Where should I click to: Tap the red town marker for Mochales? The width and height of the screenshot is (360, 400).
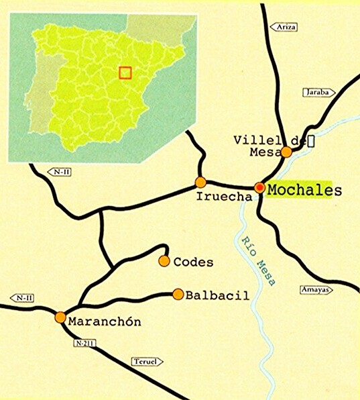pos(259,187)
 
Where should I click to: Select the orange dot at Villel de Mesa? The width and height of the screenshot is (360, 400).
pos(286,152)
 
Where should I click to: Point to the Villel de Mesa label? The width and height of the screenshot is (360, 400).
pos(268,146)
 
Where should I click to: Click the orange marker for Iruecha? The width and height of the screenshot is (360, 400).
pos(200,182)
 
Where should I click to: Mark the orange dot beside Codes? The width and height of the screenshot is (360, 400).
pos(164,260)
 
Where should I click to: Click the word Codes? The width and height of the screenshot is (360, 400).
pos(193,262)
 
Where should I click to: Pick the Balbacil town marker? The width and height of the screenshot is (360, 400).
pos(178,294)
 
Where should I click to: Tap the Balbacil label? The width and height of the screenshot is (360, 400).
pos(217,295)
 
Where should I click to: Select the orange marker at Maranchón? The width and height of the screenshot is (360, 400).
pos(60,317)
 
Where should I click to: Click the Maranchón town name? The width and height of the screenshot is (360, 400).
pos(105,321)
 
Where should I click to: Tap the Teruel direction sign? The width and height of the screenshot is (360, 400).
pos(147,361)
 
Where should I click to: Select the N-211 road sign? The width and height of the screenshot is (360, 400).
pos(81,344)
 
